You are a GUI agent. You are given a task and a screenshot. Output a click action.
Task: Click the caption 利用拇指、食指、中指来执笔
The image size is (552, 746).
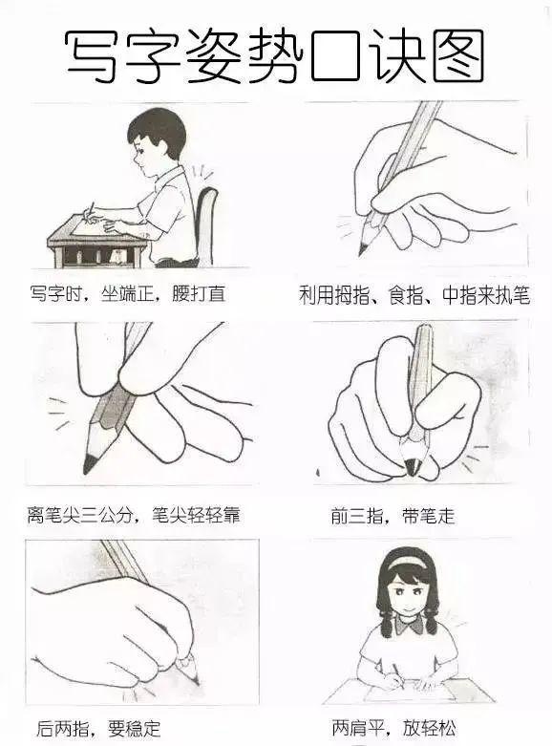[414, 295]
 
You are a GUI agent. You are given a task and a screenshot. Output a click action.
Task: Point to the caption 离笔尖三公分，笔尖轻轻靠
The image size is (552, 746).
[133, 516]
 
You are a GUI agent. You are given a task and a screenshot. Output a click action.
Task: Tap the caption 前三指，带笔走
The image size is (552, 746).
[393, 517]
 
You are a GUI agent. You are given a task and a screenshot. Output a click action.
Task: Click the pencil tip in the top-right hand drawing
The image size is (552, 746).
[363, 249]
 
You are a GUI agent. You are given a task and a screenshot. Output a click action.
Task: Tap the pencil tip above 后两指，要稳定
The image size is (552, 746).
[195, 679]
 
